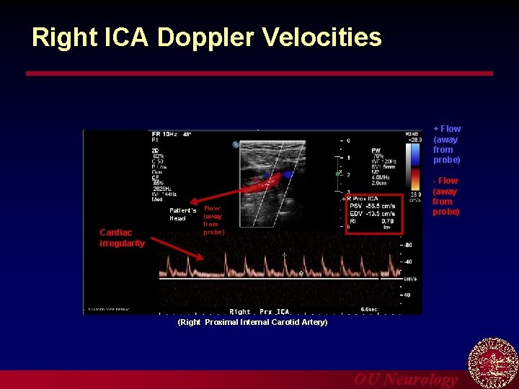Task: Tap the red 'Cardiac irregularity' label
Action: tap(122, 238)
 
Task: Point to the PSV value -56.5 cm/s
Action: tap(380, 205)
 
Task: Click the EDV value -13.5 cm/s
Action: tap(380, 214)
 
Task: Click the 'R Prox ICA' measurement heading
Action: tap(364, 198)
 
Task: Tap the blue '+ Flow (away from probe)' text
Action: tap(446, 144)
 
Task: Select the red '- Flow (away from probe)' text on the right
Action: tap(445, 197)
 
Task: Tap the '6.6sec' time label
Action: tap(369, 308)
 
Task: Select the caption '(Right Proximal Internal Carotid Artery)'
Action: tap(252, 322)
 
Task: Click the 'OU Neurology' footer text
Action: tap(405, 380)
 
